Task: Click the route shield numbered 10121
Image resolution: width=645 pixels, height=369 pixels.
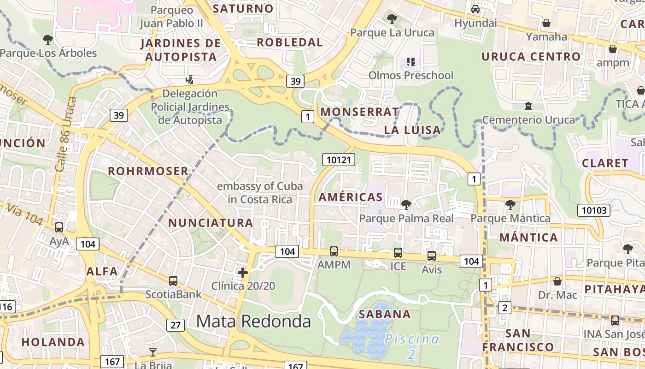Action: click(339, 160)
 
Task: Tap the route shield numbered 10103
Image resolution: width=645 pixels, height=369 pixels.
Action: click(594, 210)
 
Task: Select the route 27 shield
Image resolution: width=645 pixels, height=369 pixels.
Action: click(176, 325)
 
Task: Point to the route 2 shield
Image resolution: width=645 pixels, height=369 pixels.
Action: click(505, 308)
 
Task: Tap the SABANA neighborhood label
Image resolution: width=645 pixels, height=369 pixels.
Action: click(385, 314)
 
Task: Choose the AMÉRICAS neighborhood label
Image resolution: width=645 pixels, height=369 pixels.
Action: click(350, 197)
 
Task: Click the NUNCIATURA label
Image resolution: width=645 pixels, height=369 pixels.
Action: click(211, 223)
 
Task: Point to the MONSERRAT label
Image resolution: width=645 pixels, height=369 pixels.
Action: click(360, 112)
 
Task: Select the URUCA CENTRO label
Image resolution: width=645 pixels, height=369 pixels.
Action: click(531, 57)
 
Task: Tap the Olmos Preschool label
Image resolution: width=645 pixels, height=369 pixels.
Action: click(411, 75)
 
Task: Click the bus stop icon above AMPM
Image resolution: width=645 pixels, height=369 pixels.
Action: click(334, 251)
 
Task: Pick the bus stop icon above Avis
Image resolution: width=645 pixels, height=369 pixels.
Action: click(432, 256)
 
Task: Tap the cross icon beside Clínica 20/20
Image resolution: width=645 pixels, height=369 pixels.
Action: click(243, 273)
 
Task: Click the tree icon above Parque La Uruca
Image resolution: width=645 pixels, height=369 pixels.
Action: click(392, 19)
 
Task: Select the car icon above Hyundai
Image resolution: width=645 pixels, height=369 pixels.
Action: click(475, 9)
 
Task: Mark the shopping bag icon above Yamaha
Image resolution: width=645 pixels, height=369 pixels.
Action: click(546, 23)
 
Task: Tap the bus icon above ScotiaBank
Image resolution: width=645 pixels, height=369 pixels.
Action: click(173, 280)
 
